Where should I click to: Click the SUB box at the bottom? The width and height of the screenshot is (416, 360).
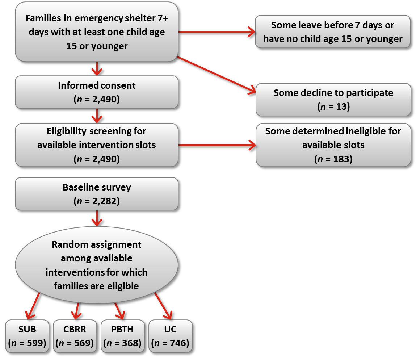tap(27, 336)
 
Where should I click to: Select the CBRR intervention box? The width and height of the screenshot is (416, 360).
tap(75, 336)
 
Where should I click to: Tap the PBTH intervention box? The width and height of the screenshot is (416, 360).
tap(122, 336)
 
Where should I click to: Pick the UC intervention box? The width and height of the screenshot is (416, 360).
tap(170, 336)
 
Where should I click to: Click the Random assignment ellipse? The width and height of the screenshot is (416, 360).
tap(96, 265)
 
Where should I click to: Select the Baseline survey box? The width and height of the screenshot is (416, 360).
tap(96, 193)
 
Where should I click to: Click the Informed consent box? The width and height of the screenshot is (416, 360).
tap(96, 92)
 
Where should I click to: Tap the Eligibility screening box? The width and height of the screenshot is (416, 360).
tap(96, 145)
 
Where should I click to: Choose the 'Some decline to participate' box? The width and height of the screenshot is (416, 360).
tap(333, 99)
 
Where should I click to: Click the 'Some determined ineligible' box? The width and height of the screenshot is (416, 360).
tap(333, 145)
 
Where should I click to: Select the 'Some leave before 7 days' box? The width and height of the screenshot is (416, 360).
tap(332, 32)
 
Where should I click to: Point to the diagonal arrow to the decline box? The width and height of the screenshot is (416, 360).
tap(217, 75)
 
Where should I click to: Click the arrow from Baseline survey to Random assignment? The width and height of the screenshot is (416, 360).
tap(97, 218)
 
